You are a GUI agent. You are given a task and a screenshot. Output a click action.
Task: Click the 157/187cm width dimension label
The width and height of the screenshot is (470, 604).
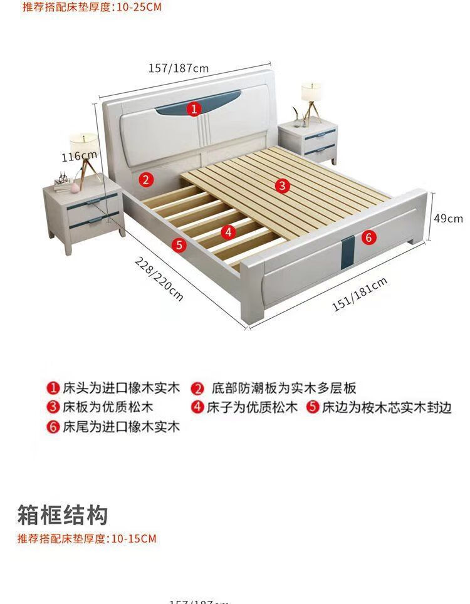coord(179,68)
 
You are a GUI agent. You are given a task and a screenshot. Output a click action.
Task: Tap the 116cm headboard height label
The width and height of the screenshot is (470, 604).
coord(79,156)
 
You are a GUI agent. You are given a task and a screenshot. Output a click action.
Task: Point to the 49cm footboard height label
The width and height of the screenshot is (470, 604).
coord(448,218)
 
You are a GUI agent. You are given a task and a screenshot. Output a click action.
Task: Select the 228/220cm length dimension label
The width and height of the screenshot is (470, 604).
coord(159,278)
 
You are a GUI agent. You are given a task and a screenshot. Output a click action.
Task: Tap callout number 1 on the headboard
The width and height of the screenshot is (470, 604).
coord(194,110)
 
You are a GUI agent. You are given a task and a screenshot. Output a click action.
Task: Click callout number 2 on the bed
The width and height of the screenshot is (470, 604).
coord(145,180)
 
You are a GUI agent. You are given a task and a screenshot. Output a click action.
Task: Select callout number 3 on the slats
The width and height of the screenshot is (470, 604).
coord(283,185)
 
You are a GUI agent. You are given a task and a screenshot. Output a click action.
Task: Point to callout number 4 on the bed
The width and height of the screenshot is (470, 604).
coord(229,232)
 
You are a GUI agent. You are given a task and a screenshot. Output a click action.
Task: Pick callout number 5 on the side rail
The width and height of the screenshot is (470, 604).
coord(179,244)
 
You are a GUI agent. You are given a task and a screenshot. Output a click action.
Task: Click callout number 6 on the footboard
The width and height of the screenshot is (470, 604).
coord(368,237)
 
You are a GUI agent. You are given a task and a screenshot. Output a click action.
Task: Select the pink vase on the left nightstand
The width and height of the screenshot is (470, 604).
coord(74,186)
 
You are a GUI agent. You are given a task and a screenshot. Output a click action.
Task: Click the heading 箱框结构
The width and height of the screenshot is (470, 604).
coord(62,515)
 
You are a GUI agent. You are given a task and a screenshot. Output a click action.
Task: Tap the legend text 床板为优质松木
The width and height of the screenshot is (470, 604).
coord(108,407)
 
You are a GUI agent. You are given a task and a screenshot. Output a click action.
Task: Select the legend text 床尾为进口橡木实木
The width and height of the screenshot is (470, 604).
coord(121,427)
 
